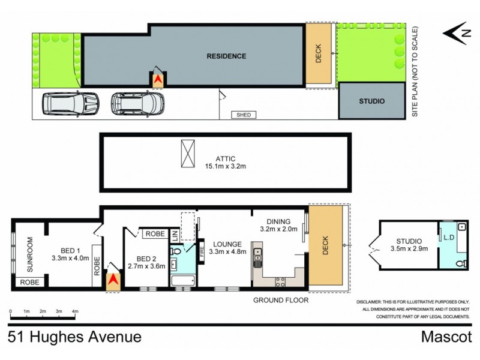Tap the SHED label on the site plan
point(243,115)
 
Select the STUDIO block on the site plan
point(371,101)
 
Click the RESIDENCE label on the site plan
point(226,56)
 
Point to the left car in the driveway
point(70,103)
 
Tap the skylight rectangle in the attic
point(188,154)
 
